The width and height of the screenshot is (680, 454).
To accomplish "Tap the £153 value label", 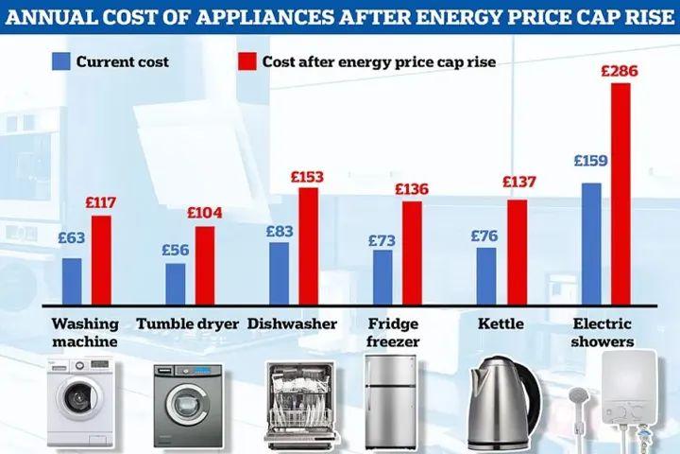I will [x=308, y=176].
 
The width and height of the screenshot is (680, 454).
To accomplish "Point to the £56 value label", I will [x=177, y=251].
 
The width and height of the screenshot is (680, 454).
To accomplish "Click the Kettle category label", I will [x=501, y=324].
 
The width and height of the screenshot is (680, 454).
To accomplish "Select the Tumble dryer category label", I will [x=187, y=324].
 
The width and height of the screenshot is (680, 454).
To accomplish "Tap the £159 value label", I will [x=590, y=161].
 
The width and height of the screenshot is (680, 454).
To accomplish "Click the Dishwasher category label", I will [x=293, y=324].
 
